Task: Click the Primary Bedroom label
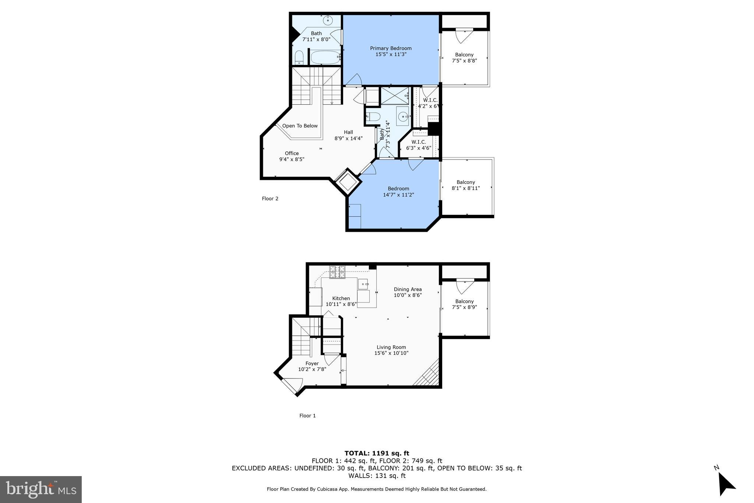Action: click(391, 48)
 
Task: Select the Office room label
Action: click(292, 153)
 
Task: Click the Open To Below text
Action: click(300, 126)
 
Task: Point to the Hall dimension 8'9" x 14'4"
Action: click(348, 138)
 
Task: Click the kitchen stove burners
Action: click(337, 272)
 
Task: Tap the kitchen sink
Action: click(363, 284)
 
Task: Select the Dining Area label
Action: click(408, 289)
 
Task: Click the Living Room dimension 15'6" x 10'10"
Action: click(391, 353)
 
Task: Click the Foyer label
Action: click(312, 363)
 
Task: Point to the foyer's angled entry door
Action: click(291, 387)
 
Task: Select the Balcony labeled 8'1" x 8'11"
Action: click(466, 185)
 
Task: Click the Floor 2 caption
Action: click(270, 199)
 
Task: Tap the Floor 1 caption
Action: click(307, 416)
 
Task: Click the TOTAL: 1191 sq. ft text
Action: click(377, 453)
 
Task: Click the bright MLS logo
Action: click(41, 489)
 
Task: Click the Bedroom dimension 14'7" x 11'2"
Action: click(398, 195)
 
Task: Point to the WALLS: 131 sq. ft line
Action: click(377, 476)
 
